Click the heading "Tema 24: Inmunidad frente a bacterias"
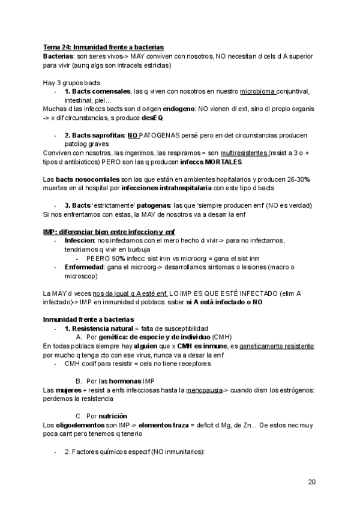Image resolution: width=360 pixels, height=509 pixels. click(104, 47)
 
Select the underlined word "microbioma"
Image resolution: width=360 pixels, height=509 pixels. click(258, 91)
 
